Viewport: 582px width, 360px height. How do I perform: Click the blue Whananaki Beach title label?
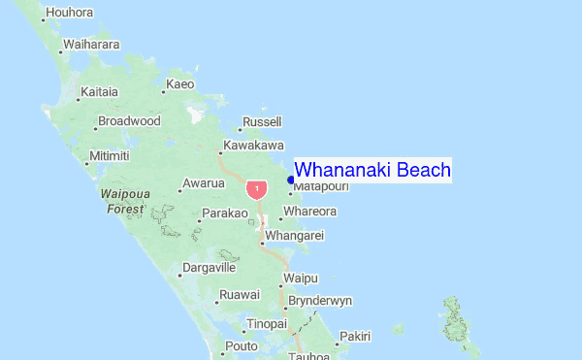tap(372, 171)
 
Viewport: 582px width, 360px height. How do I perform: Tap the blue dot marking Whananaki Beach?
tap(291, 180)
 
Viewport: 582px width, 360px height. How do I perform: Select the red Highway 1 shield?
tap(256, 187)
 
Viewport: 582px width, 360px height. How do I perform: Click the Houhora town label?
tap(70, 13)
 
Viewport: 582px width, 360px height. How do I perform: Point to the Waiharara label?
tap(91, 44)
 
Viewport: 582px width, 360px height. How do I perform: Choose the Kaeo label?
tap(180, 84)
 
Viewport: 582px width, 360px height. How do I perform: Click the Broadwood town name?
tap(129, 121)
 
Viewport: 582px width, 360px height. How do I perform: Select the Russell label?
tap(262, 122)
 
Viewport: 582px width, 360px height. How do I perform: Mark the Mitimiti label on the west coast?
tap(109, 156)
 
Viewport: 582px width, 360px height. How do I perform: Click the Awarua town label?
tap(204, 182)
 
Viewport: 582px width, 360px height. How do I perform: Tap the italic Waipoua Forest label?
tap(125, 201)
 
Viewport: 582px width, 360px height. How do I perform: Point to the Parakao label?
tap(225, 213)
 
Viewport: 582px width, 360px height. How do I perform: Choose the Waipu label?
tap(300, 278)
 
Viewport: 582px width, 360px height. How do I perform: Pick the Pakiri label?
tap(356, 336)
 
